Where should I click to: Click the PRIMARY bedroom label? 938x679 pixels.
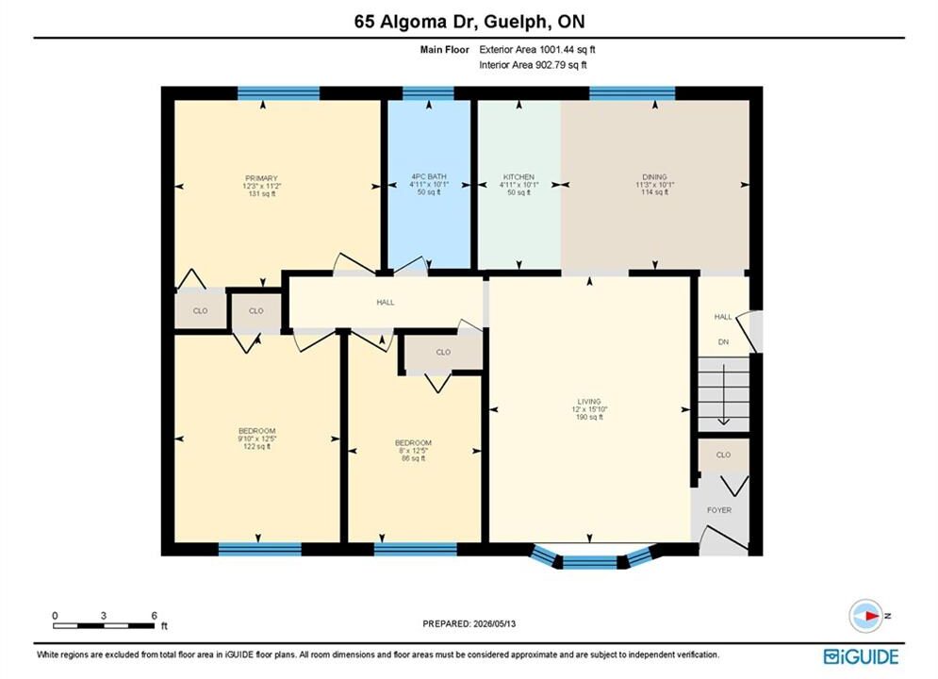point(261,178)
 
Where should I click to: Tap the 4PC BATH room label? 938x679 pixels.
point(429,176)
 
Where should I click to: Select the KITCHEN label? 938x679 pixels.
point(518,177)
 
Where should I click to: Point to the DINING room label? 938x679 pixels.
point(654,177)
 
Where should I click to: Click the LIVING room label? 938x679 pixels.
point(589,402)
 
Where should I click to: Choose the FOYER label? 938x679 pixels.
point(719,510)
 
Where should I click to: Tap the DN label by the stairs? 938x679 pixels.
point(723,342)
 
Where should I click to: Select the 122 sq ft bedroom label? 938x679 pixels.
point(256,431)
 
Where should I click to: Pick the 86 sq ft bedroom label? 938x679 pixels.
point(413,442)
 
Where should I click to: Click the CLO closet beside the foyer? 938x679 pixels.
point(723,455)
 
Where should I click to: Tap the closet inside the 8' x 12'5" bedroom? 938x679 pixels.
point(443,353)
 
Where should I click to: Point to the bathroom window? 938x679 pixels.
point(428,92)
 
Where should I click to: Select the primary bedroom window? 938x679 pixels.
point(278,92)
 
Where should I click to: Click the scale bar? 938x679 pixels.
point(104,626)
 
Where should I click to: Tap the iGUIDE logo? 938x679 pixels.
point(861,656)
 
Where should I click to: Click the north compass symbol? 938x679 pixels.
point(865,616)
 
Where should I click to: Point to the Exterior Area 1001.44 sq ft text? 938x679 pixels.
point(537,50)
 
